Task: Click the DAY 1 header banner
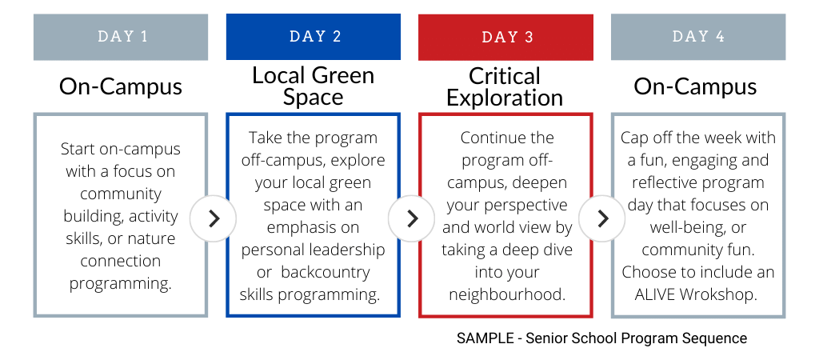121,37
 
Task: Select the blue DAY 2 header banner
314,37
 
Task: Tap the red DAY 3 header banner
505,37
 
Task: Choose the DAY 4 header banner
698,37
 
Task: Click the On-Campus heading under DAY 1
121,86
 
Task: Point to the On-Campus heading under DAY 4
695,86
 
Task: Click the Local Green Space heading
314,86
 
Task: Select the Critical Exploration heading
505,86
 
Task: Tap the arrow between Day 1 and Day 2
213,218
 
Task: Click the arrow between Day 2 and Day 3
412,218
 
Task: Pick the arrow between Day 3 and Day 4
602,218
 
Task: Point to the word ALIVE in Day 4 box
655,294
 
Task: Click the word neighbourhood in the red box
507,294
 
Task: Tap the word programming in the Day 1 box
121,284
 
